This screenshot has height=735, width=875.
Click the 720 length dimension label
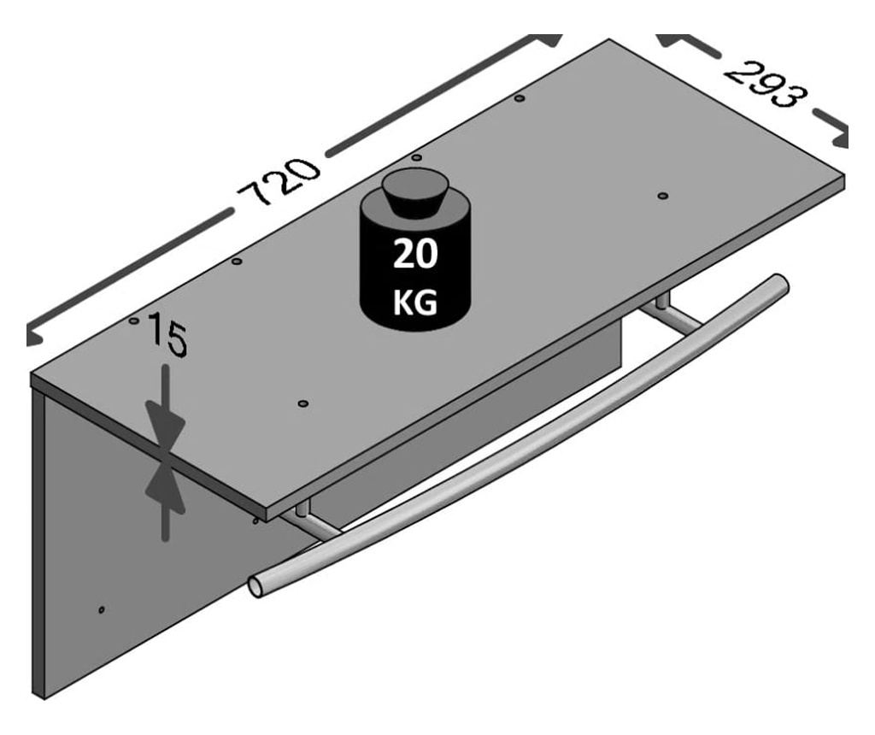[x=279, y=182]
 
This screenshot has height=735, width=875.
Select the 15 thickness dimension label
[x=167, y=333]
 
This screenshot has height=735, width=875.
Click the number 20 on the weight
[x=415, y=254]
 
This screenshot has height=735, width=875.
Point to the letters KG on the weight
[x=415, y=303]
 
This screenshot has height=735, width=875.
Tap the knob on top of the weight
[x=415, y=191]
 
